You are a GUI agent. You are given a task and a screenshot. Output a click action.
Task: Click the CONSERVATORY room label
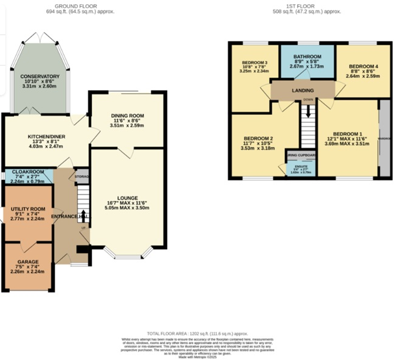39,77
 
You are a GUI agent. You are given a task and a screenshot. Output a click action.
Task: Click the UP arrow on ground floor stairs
83,217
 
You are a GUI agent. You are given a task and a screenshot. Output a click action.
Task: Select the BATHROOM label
307,57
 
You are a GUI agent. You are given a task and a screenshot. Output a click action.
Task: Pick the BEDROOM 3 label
254,63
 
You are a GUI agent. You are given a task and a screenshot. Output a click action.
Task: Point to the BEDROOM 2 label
258,138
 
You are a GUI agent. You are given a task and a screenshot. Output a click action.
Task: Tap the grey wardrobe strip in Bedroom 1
384,138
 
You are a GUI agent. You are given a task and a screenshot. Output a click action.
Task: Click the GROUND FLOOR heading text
80,5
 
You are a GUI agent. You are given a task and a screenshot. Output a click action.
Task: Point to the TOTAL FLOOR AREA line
199,334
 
